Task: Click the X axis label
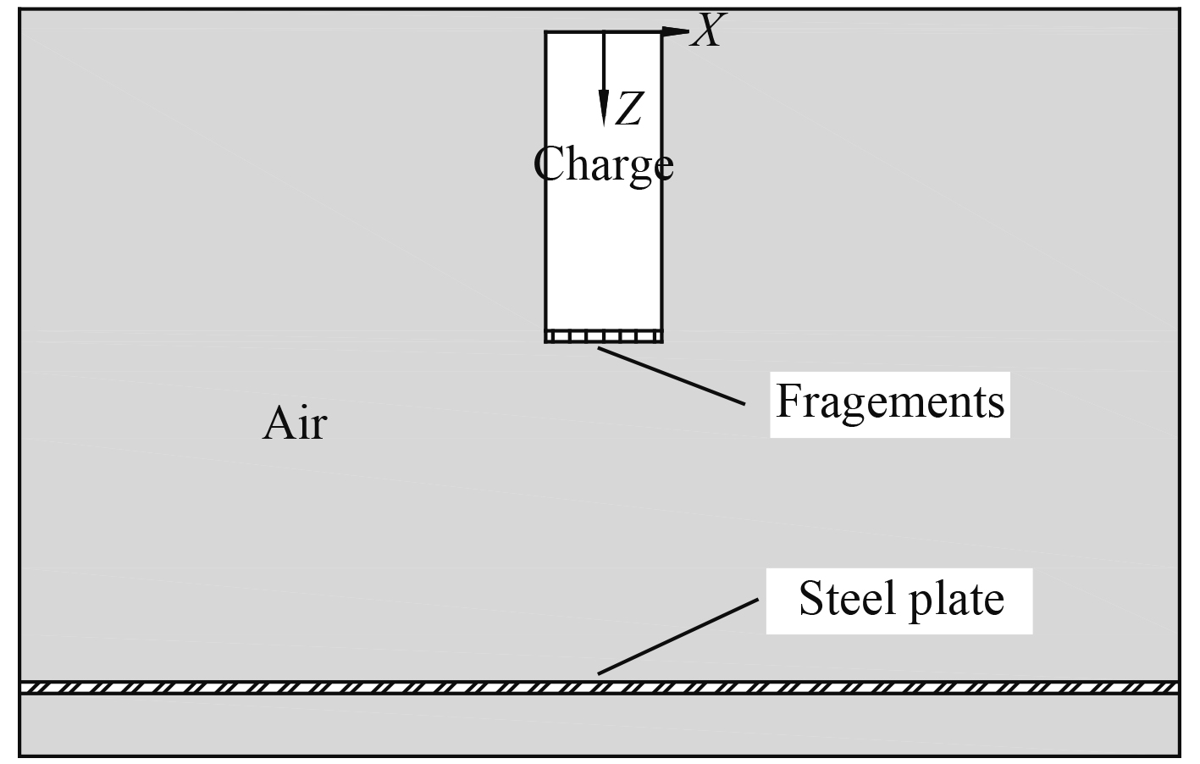point(706,32)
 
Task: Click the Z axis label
point(627,109)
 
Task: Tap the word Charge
point(603,164)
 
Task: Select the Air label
point(294,423)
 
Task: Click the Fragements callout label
point(889,401)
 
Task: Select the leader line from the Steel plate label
point(677,637)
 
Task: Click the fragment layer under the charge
point(603,336)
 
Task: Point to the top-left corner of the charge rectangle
point(546,32)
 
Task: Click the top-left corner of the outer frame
point(19,10)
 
